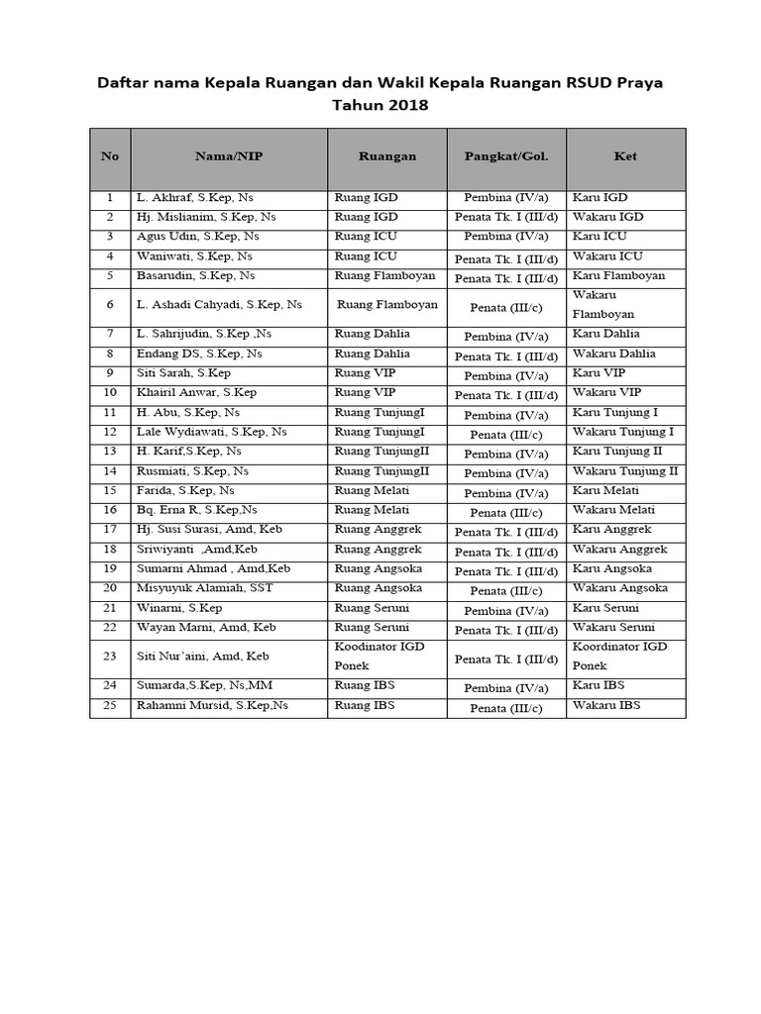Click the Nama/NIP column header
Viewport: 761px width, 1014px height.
(x=228, y=156)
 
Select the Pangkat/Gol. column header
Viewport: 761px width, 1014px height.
(x=506, y=156)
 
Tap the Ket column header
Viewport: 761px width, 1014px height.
(x=625, y=156)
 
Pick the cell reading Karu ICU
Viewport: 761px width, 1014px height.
(x=599, y=237)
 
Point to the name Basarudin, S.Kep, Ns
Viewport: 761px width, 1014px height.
(x=195, y=275)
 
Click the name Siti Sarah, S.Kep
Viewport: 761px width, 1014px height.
(x=183, y=373)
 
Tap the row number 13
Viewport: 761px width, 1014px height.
(x=110, y=452)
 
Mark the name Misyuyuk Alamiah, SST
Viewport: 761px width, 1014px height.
(x=204, y=588)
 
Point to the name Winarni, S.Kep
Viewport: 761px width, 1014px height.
(x=179, y=608)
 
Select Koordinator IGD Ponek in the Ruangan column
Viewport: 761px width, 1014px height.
(x=380, y=656)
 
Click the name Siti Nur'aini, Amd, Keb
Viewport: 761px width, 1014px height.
(x=202, y=657)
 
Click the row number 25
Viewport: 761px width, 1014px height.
(x=110, y=706)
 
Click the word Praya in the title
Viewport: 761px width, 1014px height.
(x=640, y=83)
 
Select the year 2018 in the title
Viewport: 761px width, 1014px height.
(x=408, y=105)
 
